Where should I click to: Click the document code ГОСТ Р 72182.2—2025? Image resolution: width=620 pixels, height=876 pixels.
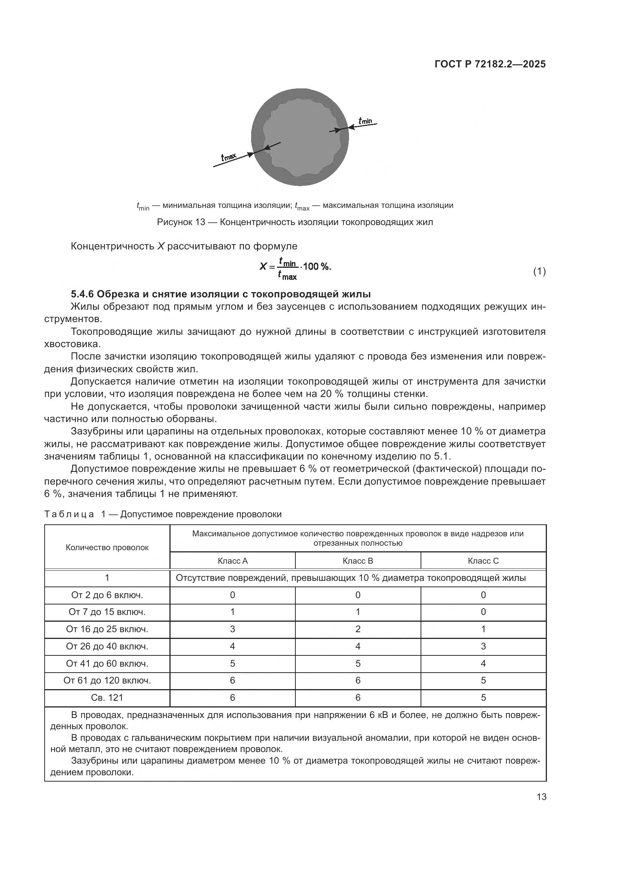click(x=490, y=64)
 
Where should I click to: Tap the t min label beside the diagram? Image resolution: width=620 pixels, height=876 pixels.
click(x=365, y=121)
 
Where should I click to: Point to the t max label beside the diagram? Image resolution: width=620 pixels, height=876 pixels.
click(x=229, y=157)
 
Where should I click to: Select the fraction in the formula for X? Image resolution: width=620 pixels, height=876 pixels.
click(x=288, y=269)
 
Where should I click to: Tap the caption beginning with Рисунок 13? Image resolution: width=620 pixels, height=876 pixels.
click(x=295, y=222)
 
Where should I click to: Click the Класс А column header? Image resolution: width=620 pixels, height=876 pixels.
click(x=232, y=561)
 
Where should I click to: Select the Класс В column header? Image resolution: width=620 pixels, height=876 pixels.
click(x=358, y=561)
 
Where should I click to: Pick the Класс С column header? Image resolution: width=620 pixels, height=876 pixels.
click(x=483, y=561)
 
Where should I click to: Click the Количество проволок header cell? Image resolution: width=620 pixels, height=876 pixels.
click(x=107, y=548)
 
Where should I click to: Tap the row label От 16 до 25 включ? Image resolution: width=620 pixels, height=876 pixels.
click(x=107, y=629)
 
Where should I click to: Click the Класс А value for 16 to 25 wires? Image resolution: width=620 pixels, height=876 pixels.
click(x=232, y=629)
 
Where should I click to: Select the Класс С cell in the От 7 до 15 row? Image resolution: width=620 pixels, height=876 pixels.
click(x=483, y=612)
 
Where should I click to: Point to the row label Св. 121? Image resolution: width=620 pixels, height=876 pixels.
click(x=107, y=697)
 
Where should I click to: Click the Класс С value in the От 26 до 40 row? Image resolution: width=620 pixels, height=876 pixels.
click(x=483, y=646)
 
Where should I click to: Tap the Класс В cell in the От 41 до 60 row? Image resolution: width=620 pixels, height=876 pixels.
click(x=358, y=664)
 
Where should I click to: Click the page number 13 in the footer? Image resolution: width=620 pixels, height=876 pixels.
click(x=541, y=797)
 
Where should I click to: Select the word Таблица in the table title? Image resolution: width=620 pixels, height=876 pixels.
click(x=69, y=514)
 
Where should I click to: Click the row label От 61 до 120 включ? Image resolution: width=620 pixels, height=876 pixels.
click(x=107, y=680)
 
